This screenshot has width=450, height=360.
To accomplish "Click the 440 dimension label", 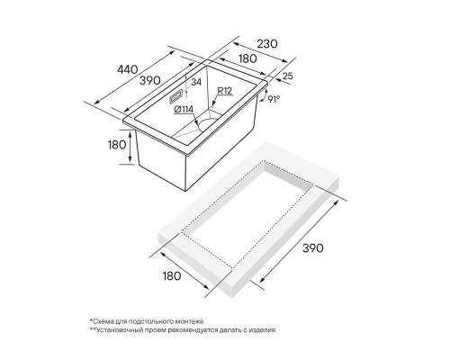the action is point(128,70).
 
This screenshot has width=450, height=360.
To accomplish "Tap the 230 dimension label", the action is point(267,44).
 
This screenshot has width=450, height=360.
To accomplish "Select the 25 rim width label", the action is point(287,76).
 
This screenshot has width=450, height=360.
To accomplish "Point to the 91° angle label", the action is point(274,99).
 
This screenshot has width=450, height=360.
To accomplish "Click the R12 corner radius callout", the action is point(225,91).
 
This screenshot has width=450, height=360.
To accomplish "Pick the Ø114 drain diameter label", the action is point(184,110).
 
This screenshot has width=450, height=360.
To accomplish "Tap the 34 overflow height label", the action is point(196,82).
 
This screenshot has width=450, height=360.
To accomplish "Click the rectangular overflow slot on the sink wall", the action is point(175,97).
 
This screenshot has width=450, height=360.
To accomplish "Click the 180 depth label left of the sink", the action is point(117,145).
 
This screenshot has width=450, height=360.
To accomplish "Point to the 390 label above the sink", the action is point(150,80).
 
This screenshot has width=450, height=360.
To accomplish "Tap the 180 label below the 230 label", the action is point(247,58).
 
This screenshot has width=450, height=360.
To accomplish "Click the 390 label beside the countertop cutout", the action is point(313,248).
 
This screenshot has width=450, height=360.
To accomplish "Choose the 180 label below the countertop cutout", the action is point(172,275).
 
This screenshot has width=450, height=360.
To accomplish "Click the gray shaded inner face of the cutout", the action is point(286,175).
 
